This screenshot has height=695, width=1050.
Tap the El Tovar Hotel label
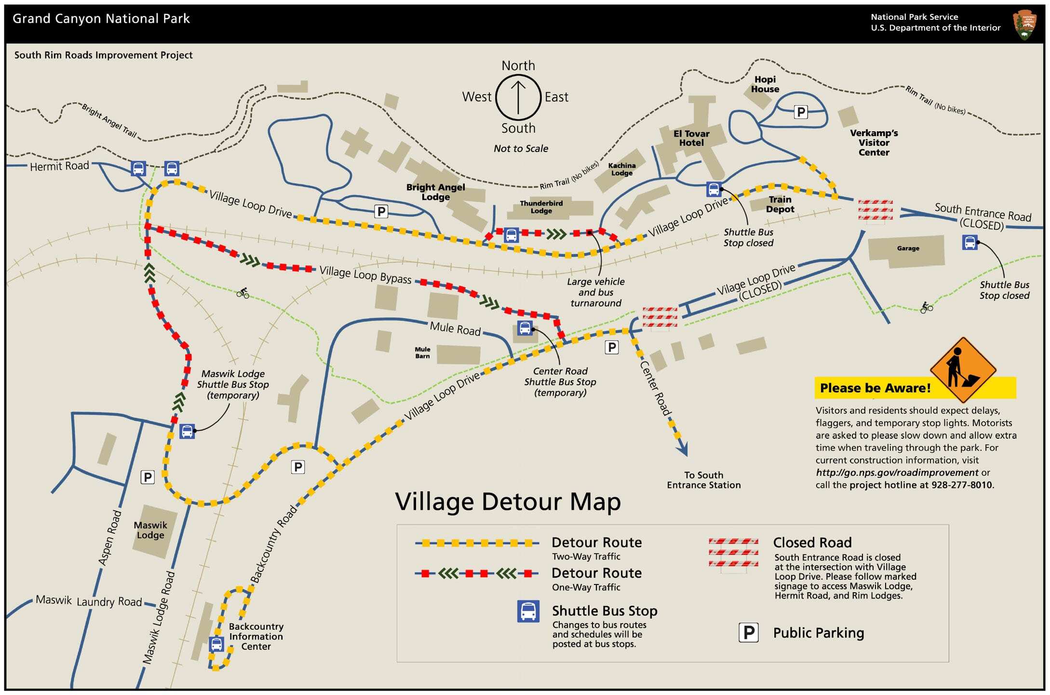coord(691,138)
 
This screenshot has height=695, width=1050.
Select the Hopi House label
coord(765,84)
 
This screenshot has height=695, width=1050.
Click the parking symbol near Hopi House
coord(801,112)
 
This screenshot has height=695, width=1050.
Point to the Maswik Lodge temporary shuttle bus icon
coord(187,431)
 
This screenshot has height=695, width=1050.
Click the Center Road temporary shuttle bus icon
coord(525,328)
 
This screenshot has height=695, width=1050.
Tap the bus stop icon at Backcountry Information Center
coord(216,644)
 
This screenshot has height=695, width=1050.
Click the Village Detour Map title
coord(508,501)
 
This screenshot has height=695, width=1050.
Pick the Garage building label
coord(908,249)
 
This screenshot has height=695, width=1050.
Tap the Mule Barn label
coord(422,353)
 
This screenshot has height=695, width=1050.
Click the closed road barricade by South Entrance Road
coord(875,211)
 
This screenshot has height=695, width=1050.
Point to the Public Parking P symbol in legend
coord(749,633)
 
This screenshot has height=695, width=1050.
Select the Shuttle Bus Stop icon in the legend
coord(528,612)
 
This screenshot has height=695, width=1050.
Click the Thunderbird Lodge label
coord(541,207)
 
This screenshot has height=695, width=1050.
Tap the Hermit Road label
coord(59,167)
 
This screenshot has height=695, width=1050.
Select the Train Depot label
coord(780,204)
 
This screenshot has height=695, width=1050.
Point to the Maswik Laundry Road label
coord(89,601)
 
